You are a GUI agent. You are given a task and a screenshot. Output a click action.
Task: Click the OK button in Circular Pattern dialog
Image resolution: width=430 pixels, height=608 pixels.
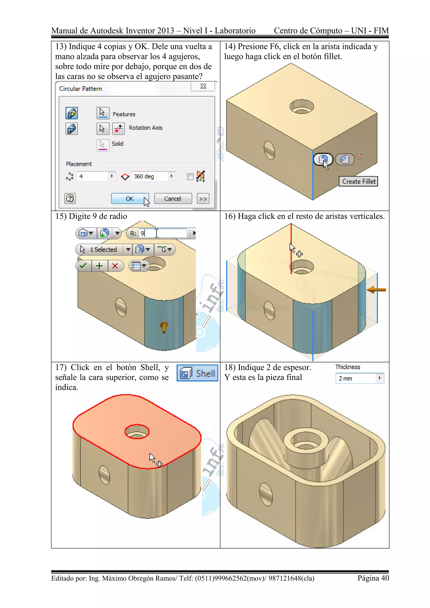coord(130,198)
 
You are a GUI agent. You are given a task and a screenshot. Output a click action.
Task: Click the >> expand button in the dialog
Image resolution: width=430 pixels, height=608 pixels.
coord(203,199)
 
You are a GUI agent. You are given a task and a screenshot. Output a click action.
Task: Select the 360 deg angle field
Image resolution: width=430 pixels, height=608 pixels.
coord(150,176)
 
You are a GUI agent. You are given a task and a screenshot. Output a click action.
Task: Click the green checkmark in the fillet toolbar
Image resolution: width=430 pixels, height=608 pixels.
coord(83,266)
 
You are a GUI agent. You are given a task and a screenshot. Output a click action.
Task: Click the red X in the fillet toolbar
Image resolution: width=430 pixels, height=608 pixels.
coord(115,266)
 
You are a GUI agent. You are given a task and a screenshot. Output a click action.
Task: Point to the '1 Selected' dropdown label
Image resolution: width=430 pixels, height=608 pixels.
coord(103,249)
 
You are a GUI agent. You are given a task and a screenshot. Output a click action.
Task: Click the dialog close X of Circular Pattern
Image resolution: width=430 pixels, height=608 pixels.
coord(203,86)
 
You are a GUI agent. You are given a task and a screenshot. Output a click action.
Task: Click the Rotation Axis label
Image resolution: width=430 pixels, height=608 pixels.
coord(145,128)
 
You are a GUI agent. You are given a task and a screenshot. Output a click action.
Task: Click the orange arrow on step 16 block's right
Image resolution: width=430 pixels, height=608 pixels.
coord(376,290)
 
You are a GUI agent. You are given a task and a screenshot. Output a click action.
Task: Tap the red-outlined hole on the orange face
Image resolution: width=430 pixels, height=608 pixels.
coord(137,432)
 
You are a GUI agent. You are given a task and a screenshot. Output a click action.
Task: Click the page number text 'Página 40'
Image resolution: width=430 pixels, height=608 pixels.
coord(373,578)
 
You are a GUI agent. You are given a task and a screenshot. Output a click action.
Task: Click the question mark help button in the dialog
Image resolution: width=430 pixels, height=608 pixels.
coord(70,198)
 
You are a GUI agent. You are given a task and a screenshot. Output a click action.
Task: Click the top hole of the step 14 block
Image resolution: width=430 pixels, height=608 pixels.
coord(301,106)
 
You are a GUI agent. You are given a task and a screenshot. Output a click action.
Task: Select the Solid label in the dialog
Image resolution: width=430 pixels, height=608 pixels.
coord(117,144)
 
